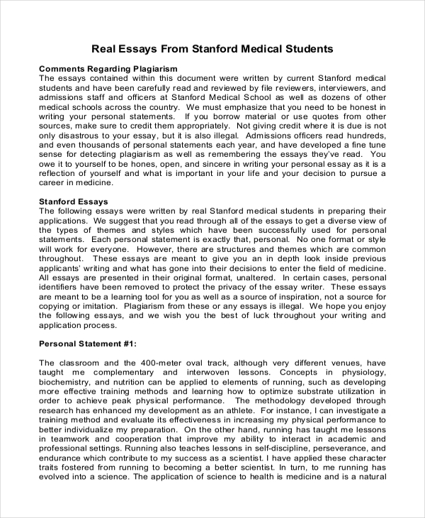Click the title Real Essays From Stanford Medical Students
coord(212,49)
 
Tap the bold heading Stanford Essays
coord(73,202)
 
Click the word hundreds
coord(364,136)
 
